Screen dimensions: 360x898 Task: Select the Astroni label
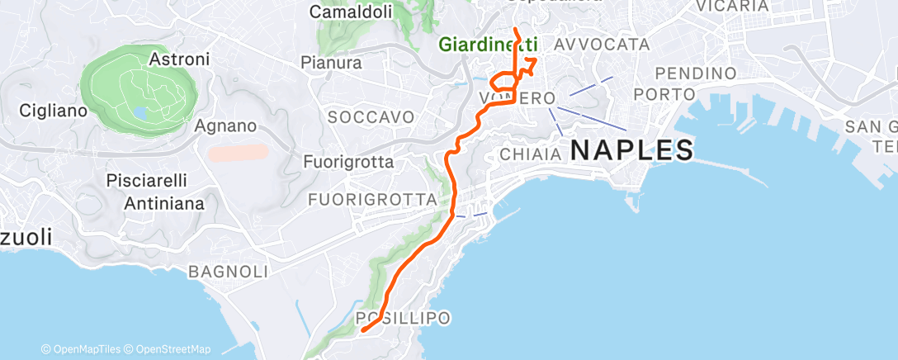[180, 59]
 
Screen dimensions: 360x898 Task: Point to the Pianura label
[331, 63]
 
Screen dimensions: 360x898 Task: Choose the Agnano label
[225, 126]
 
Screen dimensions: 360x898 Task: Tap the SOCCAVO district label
[371, 117]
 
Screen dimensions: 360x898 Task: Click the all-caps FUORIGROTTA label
[371, 199]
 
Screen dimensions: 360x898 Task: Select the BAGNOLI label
[229, 271]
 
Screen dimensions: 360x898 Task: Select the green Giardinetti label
[488, 44]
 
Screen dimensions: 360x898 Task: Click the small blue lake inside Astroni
[139, 112]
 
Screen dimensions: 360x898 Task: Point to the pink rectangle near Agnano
[239, 153]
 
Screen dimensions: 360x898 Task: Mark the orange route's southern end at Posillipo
[362, 331]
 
